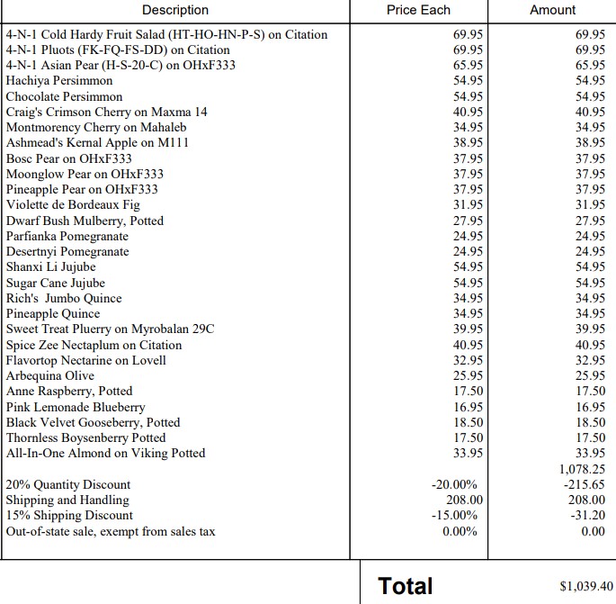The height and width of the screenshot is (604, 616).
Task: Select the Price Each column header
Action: pos(418,10)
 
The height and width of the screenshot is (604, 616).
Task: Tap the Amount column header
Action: pos(552,10)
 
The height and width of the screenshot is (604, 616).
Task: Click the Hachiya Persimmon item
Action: pos(59,81)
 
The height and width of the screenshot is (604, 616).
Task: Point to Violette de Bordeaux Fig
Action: pos(73,205)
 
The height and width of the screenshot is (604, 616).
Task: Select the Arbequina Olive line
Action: pos(51,375)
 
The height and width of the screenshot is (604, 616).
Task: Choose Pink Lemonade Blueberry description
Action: pos(76,407)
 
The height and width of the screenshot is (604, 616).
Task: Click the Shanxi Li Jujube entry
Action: pos(50,267)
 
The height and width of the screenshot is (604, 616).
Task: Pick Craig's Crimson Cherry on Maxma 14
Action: pos(106,112)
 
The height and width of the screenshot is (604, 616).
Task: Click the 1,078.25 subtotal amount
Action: pos(582,469)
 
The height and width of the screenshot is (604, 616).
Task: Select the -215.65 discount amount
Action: pos(586,484)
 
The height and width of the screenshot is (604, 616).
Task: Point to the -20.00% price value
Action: pos(455,484)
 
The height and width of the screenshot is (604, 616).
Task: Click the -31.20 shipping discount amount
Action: pos(590,516)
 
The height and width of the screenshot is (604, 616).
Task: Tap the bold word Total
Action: pos(406,586)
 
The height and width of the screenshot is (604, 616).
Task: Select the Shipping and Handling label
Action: pos(67,500)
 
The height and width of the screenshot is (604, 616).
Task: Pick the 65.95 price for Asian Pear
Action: pos(468,66)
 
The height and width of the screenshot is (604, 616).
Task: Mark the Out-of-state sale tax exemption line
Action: pos(111,531)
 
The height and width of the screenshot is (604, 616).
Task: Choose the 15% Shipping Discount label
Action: pos(69,516)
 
